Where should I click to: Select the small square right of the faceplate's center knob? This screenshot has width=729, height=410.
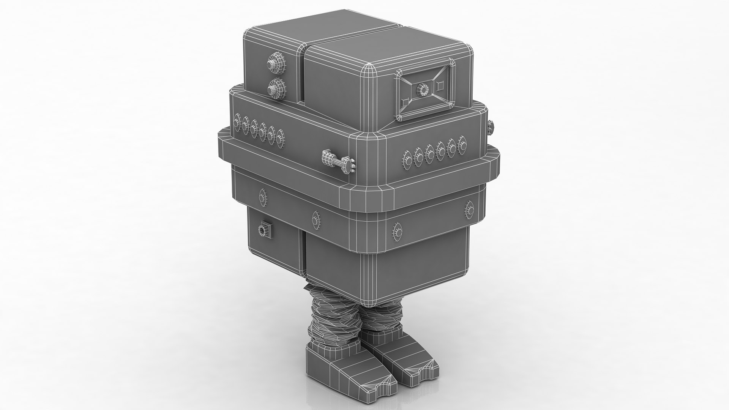pyautogui.click(x=440, y=86)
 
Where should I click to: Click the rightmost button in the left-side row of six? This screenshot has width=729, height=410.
pyautogui.click(x=281, y=139)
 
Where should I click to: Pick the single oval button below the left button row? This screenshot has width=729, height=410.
pyautogui.click(x=262, y=197)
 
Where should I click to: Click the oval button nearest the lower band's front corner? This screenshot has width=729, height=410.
pyautogui.click(x=397, y=230)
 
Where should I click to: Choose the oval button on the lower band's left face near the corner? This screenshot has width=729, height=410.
pyautogui.click(x=316, y=219)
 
